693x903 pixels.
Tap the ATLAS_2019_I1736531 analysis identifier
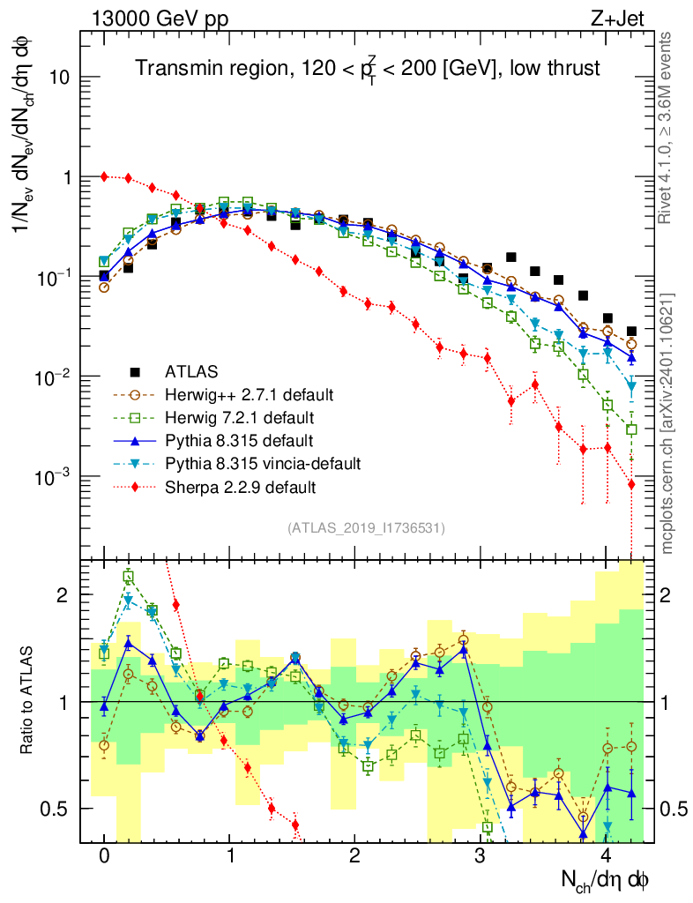click(366, 528)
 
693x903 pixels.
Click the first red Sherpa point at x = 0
click(104, 176)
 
